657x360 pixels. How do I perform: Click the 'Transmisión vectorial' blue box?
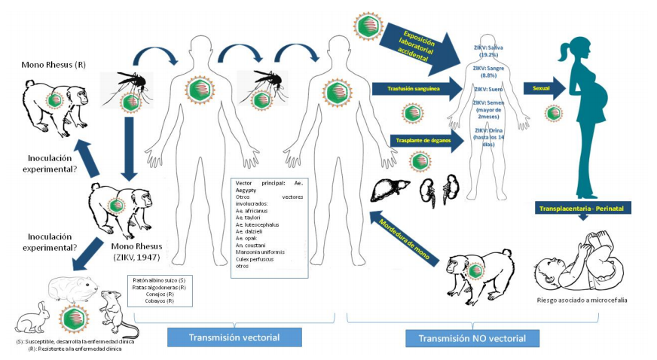click(234, 337)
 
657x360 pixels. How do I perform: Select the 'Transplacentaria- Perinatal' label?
click(582, 207)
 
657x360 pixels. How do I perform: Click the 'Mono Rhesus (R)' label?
click(53, 65)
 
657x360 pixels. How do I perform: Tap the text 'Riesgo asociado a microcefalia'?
click(582, 301)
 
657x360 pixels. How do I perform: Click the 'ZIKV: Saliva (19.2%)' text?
click(488, 50)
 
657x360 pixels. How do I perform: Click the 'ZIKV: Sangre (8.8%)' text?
click(488, 72)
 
